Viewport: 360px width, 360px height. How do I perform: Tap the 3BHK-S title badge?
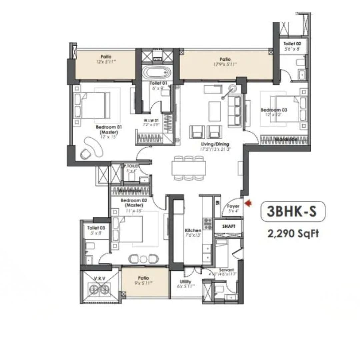293,211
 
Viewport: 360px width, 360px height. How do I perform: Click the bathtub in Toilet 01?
156,72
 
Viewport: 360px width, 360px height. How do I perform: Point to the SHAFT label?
229,226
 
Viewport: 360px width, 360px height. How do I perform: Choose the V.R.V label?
99,278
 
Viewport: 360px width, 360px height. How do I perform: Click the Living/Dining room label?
215,144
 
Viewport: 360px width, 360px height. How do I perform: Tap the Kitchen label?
193,230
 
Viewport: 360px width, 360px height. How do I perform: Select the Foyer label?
233,206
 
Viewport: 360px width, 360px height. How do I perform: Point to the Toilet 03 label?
96,228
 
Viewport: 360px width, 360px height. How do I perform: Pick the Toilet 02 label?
292,44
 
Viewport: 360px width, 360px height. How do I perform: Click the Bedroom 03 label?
274,110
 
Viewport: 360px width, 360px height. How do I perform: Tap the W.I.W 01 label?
151,120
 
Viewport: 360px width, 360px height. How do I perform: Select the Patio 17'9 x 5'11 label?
225,59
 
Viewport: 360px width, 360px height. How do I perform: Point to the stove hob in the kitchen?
208,223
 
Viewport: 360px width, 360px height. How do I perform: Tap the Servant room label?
226,270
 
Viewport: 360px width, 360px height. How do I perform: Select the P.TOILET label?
131,166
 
